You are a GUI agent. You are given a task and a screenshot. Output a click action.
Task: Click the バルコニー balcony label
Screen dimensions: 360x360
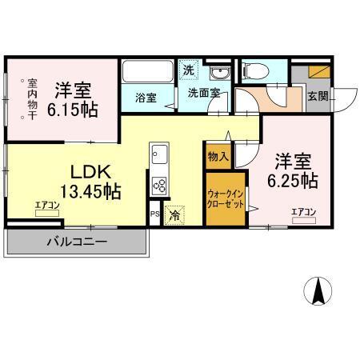pyautogui.click(x=77, y=241)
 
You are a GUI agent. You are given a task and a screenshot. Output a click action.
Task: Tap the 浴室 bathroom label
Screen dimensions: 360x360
pyautogui.click(x=145, y=98)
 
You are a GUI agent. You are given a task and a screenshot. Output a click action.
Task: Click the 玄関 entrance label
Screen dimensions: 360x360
pyautogui.click(x=318, y=96)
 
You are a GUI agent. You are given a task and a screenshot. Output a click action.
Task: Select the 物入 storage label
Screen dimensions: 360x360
pyautogui.click(x=217, y=156)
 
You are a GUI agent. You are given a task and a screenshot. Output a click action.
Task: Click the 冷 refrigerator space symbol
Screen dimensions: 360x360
pyautogui.click(x=174, y=214)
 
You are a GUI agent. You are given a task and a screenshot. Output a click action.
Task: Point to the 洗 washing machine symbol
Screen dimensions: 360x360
pyautogui.click(x=188, y=70)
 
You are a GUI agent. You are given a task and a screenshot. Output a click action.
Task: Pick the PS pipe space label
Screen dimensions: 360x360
pyautogui.click(x=154, y=214)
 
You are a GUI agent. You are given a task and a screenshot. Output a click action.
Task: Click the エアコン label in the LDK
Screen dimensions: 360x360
pyautogui.click(x=47, y=206)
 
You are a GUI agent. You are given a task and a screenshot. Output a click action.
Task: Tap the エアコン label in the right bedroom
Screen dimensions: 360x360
pyautogui.click(x=303, y=211)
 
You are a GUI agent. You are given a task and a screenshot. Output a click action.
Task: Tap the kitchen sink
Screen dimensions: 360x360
pyautogui.click(x=158, y=154)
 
